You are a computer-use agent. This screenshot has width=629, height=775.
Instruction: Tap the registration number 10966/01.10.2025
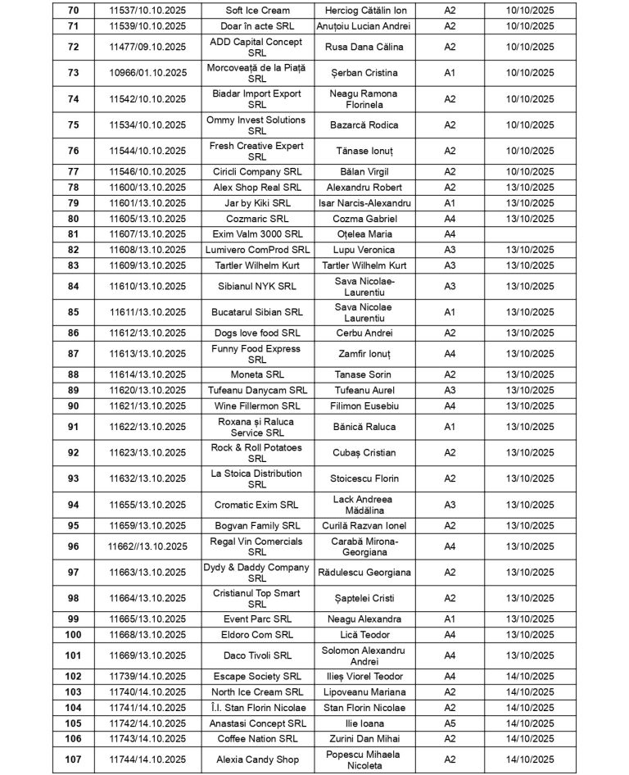point(147,73)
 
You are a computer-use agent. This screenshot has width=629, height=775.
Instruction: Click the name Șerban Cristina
point(364,73)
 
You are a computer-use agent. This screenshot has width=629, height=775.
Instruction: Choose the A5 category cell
point(450,723)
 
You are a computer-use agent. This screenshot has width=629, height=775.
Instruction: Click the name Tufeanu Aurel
point(364,390)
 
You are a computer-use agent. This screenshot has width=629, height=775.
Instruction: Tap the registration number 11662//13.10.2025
point(147,546)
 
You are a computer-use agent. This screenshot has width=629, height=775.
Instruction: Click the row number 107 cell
point(73,759)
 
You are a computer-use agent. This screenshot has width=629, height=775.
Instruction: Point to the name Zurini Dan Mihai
point(364,739)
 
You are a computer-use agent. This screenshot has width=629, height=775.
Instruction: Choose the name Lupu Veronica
point(364,250)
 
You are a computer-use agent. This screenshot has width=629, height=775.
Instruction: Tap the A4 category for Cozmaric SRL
point(450,219)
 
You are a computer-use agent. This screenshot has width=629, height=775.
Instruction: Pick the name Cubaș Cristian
point(364,453)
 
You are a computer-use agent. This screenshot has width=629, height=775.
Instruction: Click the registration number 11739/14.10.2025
point(147,677)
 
